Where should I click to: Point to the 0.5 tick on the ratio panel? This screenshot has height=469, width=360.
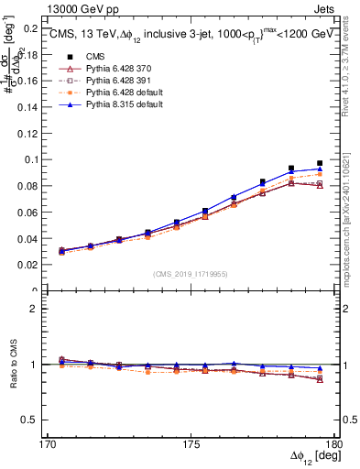[x=28, y=420]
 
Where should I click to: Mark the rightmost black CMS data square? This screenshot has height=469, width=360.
[x=320, y=163]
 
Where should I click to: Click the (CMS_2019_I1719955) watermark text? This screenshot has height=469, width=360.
[x=191, y=273]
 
